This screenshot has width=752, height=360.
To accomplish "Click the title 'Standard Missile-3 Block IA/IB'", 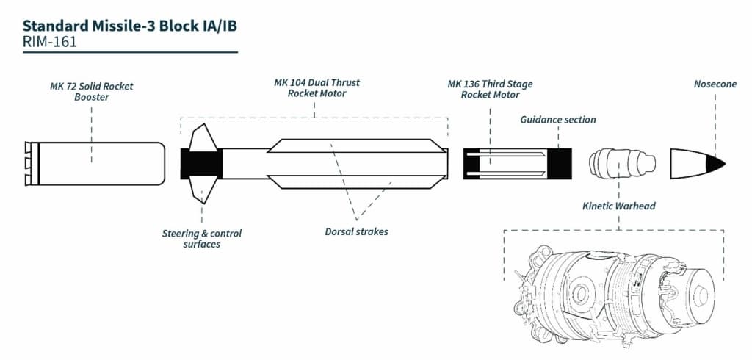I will [129, 26].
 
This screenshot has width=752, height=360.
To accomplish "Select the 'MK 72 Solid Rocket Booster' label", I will [92, 91].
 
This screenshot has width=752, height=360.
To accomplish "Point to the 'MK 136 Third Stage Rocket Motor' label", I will [490, 90].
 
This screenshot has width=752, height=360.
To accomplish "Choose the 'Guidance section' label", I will [558, 120].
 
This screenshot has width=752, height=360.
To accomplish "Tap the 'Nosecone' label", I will [715, 84].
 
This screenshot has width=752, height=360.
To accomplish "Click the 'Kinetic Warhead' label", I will [619, 206].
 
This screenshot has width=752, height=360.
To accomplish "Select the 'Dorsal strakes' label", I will [356, 231].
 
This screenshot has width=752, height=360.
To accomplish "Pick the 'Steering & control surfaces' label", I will [202, 239].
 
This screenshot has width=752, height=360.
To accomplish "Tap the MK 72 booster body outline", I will [95, 163].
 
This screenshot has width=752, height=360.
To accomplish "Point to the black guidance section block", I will [562, 163].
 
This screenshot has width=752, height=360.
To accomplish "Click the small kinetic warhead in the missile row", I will [621, 162].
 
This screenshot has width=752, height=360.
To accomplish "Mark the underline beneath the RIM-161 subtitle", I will [129, 52].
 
